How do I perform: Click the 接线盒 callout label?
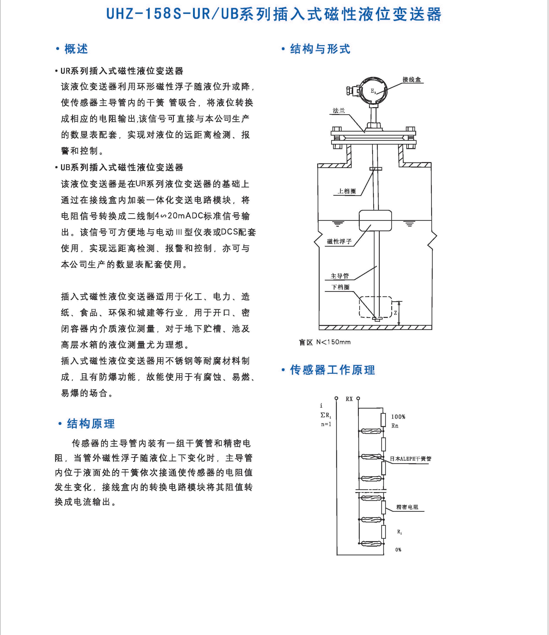point(412,80)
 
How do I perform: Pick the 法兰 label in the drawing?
point(339,111)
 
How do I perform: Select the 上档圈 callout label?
point(347,191)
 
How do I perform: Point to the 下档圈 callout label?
point(340,287)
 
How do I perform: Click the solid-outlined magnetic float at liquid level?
point(375,220)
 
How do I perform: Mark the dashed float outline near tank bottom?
point(375,306)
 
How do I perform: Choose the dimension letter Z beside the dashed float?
point(395,313)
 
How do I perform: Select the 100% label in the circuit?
point(398,417)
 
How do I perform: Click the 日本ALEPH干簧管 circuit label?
point(410,459)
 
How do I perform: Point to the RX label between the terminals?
point(349,399)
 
